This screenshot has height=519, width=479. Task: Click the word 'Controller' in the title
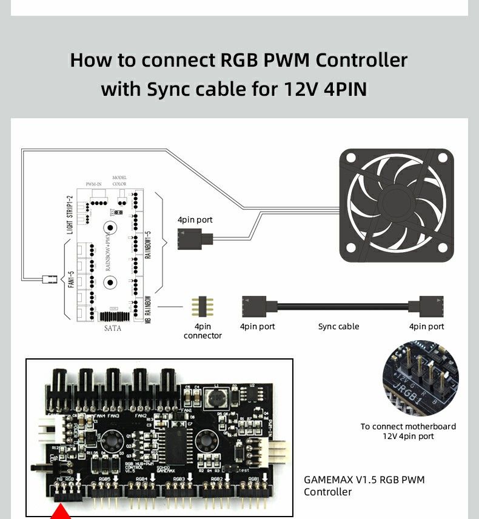362,60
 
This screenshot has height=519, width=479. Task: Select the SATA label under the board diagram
113,328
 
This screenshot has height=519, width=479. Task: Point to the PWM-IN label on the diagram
94,184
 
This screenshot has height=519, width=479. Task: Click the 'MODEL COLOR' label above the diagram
119,180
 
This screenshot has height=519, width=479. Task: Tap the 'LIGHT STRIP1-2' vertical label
69,216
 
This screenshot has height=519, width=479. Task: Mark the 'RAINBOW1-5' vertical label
148,246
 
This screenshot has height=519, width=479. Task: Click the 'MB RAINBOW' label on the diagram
148,309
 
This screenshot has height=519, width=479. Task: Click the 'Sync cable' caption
338,327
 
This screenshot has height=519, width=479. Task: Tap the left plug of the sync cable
254,307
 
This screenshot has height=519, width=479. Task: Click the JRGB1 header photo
421,378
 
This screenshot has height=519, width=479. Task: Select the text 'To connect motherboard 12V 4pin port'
408,431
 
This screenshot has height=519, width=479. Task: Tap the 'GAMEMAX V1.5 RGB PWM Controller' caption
364,486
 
